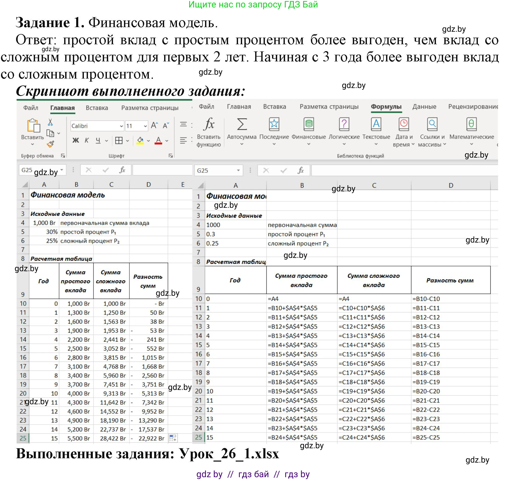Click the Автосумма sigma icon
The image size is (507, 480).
tap(242, 124)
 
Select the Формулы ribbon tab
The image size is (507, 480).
tap(386, 107)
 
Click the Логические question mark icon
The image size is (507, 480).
tap(344, 124)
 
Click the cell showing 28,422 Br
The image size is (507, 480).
tap(113, 438)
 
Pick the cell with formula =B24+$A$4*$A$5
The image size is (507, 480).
tap(292, 438)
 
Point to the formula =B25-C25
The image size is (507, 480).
tap(426, 438)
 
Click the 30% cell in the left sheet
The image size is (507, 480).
tap(52, 232)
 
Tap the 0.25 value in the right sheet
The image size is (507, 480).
tap(212, 243)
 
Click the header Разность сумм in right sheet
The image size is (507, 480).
tap(450, 280)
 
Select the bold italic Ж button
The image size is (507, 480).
tap(76, 140)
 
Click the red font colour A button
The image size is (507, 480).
tap(159, 140)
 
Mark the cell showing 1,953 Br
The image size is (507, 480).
tap(114, 331)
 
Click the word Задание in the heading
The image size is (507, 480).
tap(43, 23)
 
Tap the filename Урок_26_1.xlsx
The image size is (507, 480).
tap(229, 454)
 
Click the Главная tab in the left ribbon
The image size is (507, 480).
tap(62, 108)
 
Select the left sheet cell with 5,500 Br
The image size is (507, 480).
tap(78, 438)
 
